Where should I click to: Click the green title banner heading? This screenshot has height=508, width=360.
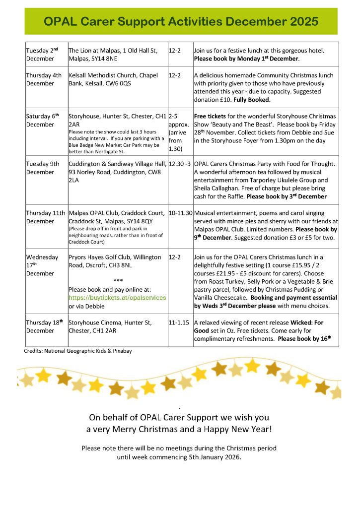pyautogui.click(x=181, y=22)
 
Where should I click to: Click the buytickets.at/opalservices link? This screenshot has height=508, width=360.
pyautogui.click(x=117, y=297)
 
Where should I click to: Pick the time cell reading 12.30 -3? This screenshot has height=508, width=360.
pyautogui.click(x=180, y=164)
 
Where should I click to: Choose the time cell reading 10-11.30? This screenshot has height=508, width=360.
pyautogui.click(x=180, y=213)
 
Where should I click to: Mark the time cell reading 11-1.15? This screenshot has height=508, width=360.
pyautogui.click(x=178, y=322)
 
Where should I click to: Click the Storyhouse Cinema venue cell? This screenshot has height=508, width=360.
pyautogui.click(x=110, y=326)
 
